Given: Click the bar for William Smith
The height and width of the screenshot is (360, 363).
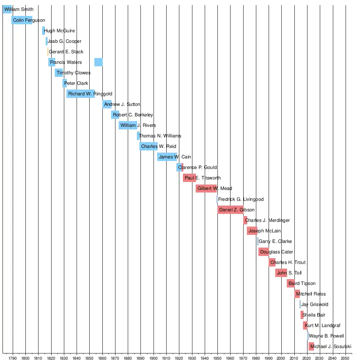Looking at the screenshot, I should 7,10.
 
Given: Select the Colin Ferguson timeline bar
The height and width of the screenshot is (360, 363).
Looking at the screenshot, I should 22,20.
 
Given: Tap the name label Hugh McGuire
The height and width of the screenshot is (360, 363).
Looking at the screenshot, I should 59,31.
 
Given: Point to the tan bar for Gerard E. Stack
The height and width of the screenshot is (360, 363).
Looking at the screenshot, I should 48,52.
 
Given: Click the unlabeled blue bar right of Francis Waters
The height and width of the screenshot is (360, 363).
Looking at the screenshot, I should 98,62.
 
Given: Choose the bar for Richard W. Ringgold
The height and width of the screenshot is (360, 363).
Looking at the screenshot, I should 81,94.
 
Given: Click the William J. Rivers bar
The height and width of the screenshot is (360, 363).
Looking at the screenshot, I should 128,125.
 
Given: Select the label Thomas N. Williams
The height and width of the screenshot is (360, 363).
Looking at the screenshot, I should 160,136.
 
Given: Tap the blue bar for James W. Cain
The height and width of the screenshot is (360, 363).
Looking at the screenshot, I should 167,157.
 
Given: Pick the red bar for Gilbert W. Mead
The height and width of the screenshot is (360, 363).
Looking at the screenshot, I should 206,189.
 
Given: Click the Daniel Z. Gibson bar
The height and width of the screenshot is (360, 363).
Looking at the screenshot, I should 231,210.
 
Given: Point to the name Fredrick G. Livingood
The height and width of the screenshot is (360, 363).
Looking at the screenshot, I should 241,199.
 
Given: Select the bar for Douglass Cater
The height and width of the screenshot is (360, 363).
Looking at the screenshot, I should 264,252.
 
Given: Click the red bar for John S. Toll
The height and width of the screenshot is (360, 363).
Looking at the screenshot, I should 281,273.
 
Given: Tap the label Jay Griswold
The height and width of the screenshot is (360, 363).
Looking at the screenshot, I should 314,304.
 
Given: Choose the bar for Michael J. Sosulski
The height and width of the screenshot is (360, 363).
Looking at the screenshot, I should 311,346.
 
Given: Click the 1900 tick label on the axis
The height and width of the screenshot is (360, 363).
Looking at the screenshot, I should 154,356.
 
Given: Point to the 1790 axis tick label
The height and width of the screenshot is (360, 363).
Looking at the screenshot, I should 13,356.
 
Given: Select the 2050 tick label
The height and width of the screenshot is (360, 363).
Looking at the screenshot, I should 346,356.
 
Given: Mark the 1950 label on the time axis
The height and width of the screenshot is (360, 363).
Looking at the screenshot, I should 217,356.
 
